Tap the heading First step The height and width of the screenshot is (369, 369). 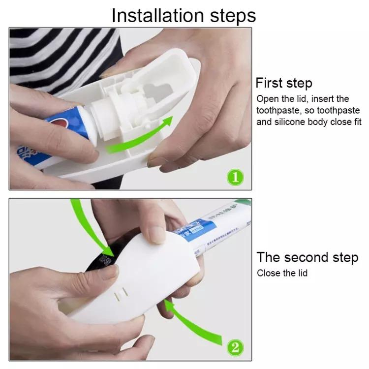(283, 83)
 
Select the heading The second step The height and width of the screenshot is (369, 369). (307, 257)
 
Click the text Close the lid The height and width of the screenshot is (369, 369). (282, 273)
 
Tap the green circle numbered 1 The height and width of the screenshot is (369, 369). (235, 177)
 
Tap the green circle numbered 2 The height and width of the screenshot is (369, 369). (235, 347)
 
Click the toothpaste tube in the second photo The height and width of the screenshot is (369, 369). (216, 231)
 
